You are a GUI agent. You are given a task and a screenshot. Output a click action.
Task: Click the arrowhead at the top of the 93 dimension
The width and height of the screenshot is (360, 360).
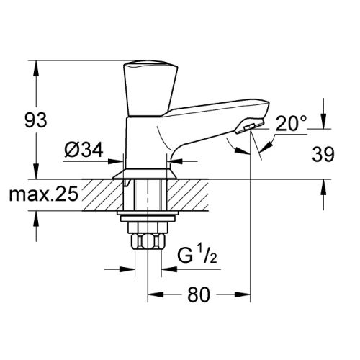[35, 65]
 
